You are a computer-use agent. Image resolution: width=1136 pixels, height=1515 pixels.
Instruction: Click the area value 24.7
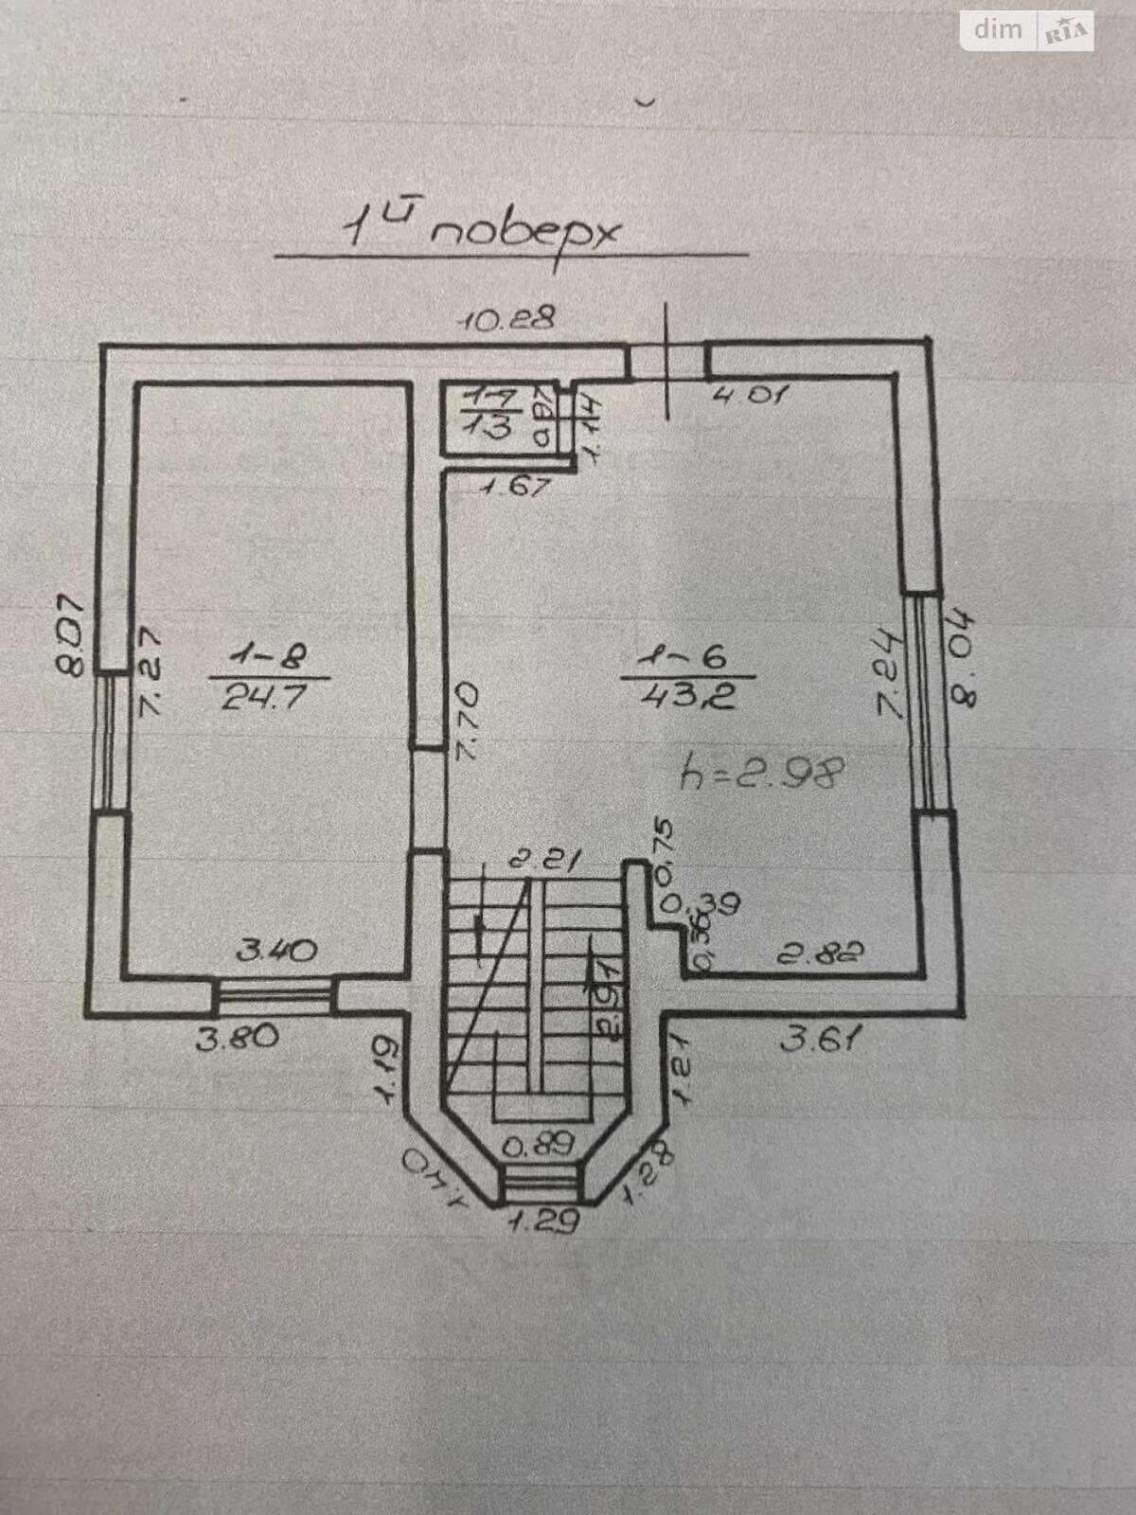pos(265,698)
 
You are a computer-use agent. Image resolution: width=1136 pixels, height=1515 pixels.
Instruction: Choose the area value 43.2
pos(687,698)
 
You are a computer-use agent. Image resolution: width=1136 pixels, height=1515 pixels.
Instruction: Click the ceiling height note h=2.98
pos(762,774)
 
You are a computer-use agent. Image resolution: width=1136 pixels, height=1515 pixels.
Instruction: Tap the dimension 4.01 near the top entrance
pos(749,394)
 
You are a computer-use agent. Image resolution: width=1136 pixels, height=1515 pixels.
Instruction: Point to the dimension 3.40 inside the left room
pos(276,950)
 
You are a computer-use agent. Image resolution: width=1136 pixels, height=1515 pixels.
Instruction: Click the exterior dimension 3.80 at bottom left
pos(238,1038)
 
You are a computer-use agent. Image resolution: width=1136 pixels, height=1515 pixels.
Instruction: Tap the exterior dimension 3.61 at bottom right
pos(822,1041)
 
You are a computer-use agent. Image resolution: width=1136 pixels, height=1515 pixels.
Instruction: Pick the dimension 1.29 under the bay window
pos(543,1222)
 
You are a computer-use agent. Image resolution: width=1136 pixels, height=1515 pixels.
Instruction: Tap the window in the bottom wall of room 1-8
pos(275,996)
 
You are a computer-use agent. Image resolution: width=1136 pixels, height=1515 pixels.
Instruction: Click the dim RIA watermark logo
pos(1027,31)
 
